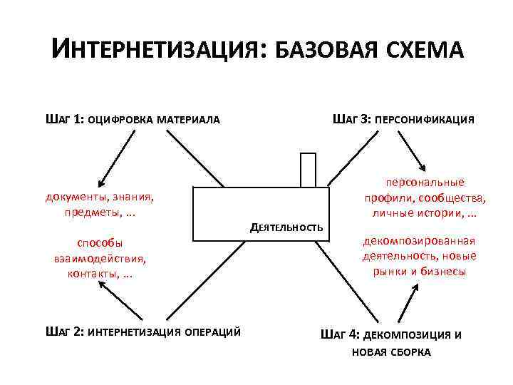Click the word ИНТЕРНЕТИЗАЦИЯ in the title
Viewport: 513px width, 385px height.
point(155,51)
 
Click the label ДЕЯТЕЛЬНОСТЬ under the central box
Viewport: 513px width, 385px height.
point(287,227)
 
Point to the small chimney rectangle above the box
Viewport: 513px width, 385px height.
point(308,170)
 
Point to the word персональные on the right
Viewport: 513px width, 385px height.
point(425,183)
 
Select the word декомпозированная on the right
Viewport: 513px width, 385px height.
point(420,240)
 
